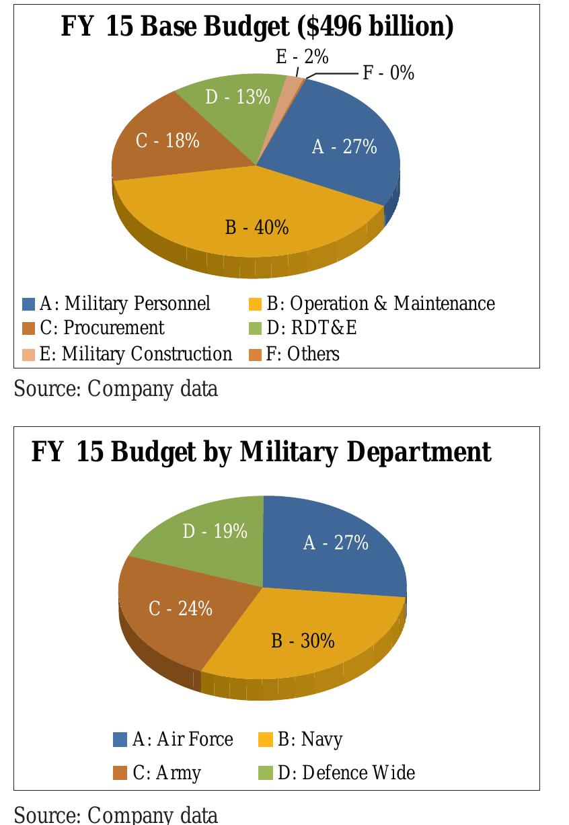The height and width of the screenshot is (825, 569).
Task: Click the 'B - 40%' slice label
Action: pyautogui.click(x=257, y=228)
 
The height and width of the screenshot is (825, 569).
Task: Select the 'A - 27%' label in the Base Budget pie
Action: pyautogui.click(x=344, y=147)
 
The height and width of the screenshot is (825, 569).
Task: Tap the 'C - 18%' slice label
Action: pyautogui.click(x=167, y=141)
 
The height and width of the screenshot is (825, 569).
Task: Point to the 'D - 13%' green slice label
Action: pyautogui.click(x=237, y=97)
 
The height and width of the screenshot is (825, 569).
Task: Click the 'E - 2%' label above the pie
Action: pyautogui.click(x=302, y=58)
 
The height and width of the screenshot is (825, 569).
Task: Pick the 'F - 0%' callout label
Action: pyautogui.click(x=389, y=73)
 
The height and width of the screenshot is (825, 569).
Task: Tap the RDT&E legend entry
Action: pyautogui.click(x=311, y=328)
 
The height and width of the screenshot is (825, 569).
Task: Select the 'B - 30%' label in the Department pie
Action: pyautogui.click(x=303, y=641)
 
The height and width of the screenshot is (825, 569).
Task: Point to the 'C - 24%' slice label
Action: pyautogui.click(x=180, y=609)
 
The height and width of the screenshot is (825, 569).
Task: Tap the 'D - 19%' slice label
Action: pyautogui.click(x=215, y=532)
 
